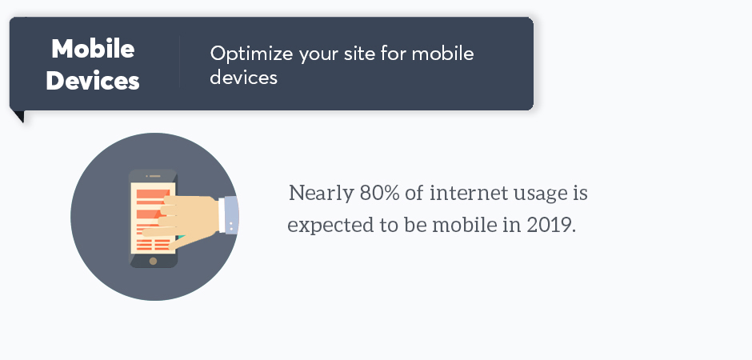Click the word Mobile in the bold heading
93,49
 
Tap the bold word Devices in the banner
93,80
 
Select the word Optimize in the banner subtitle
251,54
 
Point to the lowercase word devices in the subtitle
244,77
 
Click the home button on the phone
153,262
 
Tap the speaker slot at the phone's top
154,176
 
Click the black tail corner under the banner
20,117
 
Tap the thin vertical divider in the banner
180,62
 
